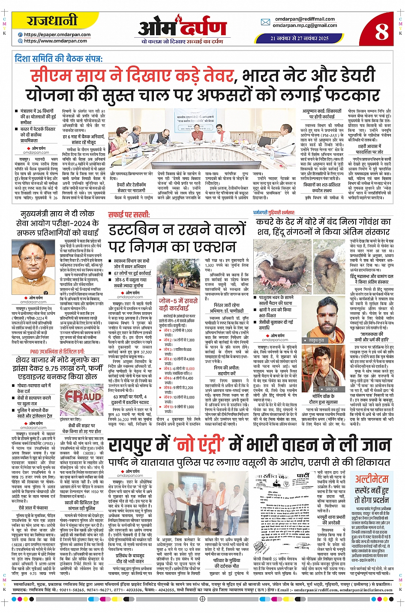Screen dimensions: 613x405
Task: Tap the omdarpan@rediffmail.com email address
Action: coord(305,19)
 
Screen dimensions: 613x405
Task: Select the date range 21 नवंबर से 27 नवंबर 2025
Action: coord(299,38)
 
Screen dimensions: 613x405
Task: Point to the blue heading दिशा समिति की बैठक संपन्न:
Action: coord(59,58)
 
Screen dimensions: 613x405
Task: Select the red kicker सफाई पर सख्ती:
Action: coord(129,215)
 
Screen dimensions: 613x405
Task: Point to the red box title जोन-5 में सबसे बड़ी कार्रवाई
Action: coord(178,304)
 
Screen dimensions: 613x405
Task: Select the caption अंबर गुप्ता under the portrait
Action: coord(318,389)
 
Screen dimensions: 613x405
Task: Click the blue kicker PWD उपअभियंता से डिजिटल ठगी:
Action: coord(57,352)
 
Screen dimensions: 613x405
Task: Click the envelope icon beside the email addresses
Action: coord(265,22)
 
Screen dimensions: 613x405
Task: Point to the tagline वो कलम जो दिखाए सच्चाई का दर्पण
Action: coord(182,42)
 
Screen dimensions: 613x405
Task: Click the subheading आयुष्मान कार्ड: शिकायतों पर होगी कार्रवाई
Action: coord(322,114)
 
